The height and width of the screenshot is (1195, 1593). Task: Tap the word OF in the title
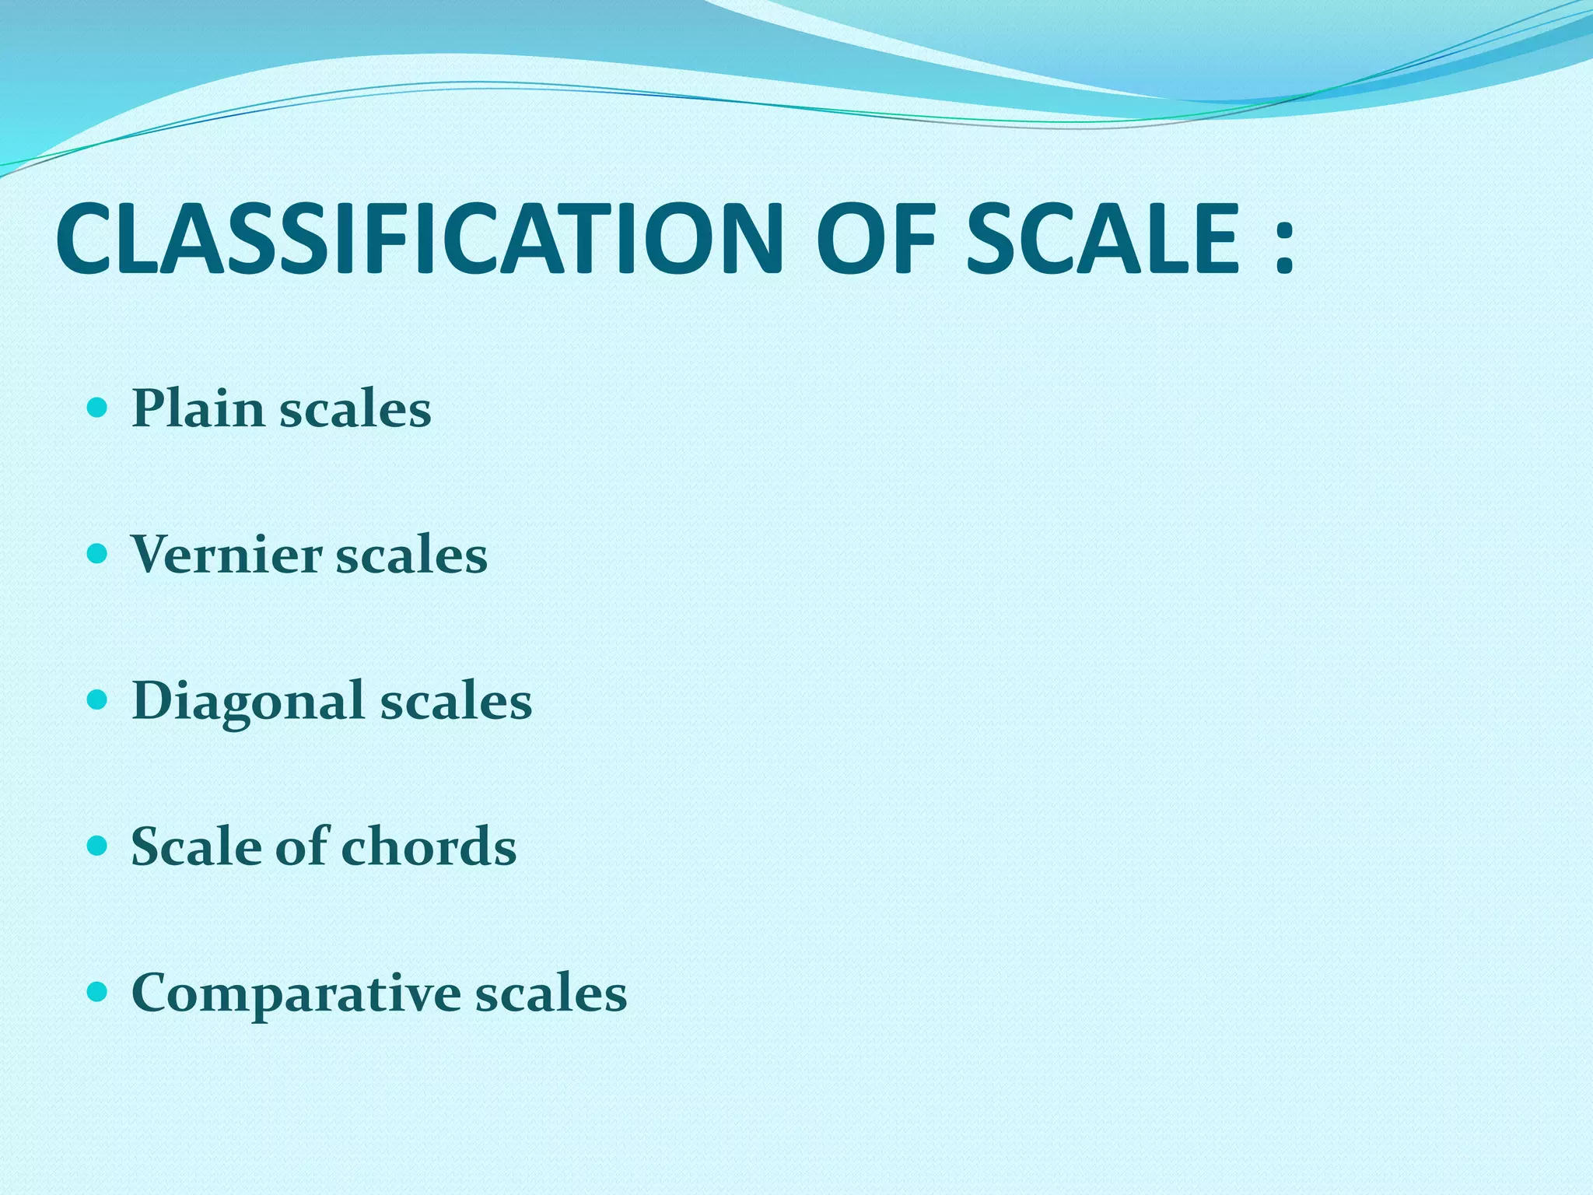(x=875, y=239)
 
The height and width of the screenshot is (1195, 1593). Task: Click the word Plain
(x=198, y=408)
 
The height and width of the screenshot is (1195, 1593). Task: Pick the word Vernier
(x=226, y=555)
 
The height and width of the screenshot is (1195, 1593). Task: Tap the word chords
(x=429, y=846)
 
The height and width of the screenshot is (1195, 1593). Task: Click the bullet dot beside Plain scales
(x=97, y=408)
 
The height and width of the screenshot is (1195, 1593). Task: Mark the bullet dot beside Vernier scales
(x=97, y=554)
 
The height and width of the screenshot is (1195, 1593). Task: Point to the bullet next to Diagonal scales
(x=97, y=700)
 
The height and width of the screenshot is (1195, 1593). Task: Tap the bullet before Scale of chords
(x=97, y=846)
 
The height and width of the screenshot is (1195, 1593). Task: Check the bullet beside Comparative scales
(x=97, y=993)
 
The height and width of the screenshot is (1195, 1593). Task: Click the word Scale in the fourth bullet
(x=196, y=846)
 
